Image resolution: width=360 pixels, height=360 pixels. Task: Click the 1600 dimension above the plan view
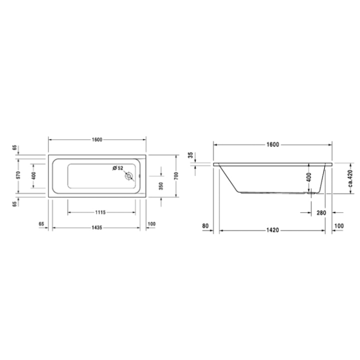coord(97,139)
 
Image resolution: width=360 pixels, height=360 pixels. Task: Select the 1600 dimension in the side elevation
coord(272,144)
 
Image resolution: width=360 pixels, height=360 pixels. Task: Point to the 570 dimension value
coord(17,175)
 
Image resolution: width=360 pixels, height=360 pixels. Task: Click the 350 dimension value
coord(161,186)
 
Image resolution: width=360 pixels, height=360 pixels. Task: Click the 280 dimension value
coord(321,213)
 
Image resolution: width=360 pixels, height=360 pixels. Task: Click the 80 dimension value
coord(205,226)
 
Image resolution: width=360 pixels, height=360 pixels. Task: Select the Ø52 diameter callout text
coord(118,167)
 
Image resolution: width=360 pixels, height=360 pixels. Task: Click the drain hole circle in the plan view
coord(129,176)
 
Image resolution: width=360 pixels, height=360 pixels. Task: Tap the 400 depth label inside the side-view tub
coord(308,176)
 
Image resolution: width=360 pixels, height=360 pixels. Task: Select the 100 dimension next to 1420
coord(338,226)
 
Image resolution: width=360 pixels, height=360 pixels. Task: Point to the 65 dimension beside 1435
coord(41,224)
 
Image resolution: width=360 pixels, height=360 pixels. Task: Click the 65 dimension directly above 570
coord(14,148)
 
